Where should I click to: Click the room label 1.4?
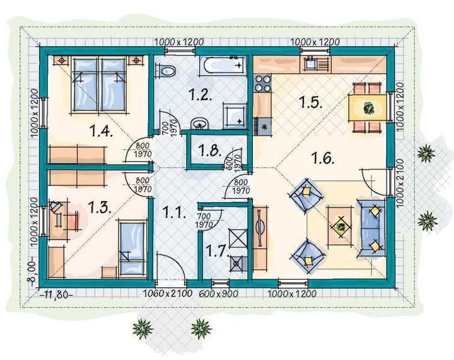tap(101, 131)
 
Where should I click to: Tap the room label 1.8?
tap(210, 150)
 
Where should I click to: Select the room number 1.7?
tap(218, 250)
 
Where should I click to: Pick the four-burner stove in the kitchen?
tap(262, 83)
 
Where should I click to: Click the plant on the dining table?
tap(369, 108)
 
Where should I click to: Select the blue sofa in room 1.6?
tap(372, 228)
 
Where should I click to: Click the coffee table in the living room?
tap(340, 226)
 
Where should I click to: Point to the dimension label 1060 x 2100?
tap(168, 293)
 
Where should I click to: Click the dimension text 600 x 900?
tap(218, 294)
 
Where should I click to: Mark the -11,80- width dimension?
tap(55, 295)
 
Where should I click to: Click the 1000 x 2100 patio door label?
tap(400, 183)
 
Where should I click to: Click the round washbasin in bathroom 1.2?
tap(199, 124)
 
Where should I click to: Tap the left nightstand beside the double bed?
tap(61, 61)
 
